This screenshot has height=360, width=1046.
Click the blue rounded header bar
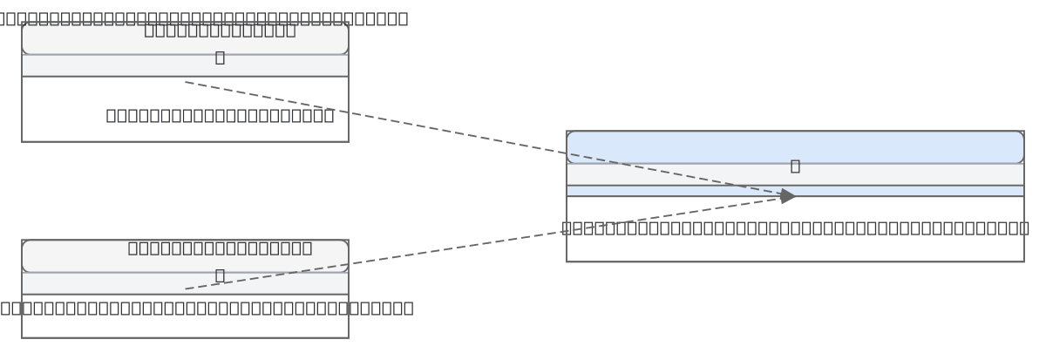click(x=795, y=146)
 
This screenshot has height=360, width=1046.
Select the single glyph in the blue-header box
click(x=795, y=166)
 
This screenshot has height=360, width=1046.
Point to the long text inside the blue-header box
click(x=795, y=228)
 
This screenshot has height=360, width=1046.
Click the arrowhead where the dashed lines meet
click(x=788, y=196)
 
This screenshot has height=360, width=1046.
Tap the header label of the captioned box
click(x=220, y=31)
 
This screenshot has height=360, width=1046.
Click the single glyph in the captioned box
click(x=220, y=58)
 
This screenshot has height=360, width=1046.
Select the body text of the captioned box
click(x=220, y=115)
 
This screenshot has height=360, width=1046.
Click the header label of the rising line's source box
click(x=220, y=248)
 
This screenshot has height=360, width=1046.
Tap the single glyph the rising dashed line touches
click(x=220, y=275)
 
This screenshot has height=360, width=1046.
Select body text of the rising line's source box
click(x=206, y=308)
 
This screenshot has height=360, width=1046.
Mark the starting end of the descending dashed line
click(x=186, y=83)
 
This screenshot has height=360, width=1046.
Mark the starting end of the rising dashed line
click(x=186, y=289)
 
